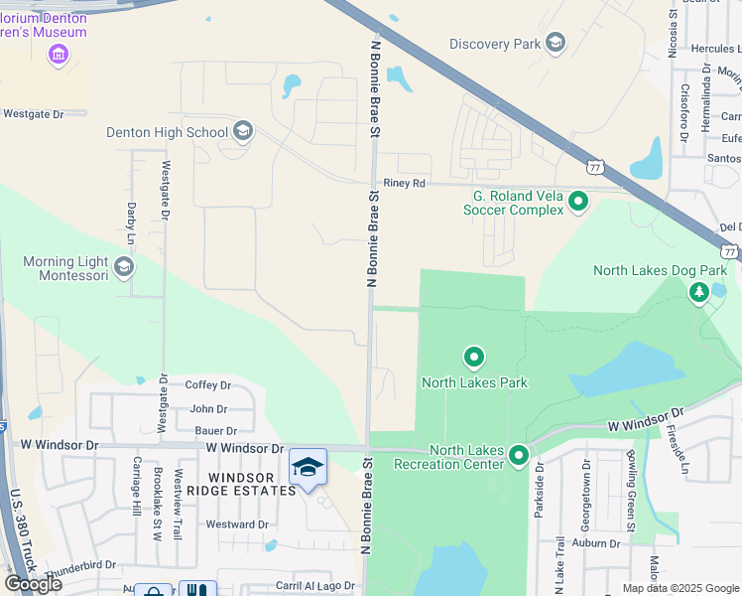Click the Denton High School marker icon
click(243, 131)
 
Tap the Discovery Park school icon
click(555, 43)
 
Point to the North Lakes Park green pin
click(474, 357)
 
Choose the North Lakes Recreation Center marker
click(518, 456)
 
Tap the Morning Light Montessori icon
click(124, 266)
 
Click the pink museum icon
click(59, 54)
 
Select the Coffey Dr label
click(208, 385)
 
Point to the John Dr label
click(208, 408)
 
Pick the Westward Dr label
click(236, 524)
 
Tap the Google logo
click(33, 583)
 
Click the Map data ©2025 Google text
click(680, 588)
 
